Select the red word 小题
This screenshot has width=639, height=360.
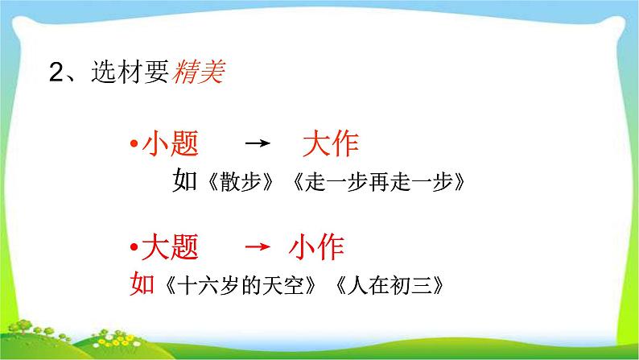(x=170, y=146)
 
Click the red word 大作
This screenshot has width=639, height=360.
(x=330, y=146)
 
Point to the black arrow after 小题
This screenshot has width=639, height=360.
(x=255, y=146)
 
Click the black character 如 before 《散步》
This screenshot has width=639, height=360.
(x=185, y=181)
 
